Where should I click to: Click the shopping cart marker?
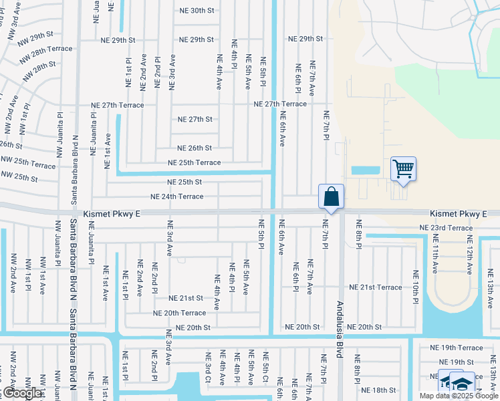tap(404, 168)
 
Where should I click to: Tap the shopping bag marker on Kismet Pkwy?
tap(331, 196)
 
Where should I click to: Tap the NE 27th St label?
tap(195, 119)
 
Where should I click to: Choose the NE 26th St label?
tap(195, 148)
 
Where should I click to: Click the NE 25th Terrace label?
tap(194, 162)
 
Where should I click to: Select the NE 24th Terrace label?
tap(177, 196)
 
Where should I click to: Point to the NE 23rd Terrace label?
tap(446, 228)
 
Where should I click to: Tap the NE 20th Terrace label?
tap(180, 313)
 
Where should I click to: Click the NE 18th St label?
tap(379, 390)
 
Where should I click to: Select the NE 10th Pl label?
tap(415, 284)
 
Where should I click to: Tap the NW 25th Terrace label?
tap(28, 164)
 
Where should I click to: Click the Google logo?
tap(22, 394)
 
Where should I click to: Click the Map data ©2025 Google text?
tap(459, 396)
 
